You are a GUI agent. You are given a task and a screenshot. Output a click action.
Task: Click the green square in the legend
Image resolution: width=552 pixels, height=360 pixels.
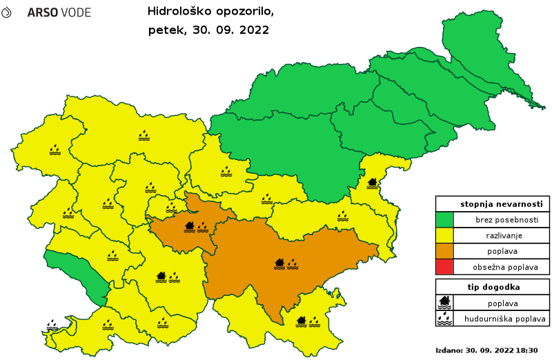coord(444,220)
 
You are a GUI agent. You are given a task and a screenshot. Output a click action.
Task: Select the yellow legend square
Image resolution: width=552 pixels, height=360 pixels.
coord(444,235)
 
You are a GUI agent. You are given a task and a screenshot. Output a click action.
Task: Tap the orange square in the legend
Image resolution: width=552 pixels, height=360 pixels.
coord(444,251)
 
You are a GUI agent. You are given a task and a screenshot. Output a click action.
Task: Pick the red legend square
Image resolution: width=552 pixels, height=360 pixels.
coord(444,266)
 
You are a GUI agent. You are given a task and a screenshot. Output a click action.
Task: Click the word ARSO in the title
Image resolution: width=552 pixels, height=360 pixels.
coord(42,13)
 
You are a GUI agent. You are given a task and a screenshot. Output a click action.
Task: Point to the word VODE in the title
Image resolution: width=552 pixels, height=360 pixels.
coord(75,13)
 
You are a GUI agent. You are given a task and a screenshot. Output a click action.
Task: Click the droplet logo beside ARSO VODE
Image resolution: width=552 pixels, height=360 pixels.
coord(6,13)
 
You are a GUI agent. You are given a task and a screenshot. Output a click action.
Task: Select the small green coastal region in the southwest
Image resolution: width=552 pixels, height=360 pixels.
coord(76,273)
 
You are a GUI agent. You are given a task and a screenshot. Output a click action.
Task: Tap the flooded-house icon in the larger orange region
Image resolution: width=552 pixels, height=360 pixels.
coord(279,263)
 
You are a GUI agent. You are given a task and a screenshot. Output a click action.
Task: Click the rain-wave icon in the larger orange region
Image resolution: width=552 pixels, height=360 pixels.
coord(293,263)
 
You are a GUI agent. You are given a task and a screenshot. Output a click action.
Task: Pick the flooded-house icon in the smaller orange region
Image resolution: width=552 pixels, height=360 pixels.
coord(190,226)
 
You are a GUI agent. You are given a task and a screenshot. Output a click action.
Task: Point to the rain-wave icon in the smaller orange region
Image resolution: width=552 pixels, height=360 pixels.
coord(202,226)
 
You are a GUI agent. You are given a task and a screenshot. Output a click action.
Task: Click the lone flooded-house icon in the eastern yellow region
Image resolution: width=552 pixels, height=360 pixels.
coord(373,183)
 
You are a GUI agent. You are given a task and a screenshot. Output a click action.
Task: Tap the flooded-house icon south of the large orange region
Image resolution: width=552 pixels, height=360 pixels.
coord(302,321)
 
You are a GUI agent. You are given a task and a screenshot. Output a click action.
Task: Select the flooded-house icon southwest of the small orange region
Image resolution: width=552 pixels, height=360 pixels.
coord(161,277)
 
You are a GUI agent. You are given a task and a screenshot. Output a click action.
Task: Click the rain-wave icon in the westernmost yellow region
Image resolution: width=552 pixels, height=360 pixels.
coord(55,149)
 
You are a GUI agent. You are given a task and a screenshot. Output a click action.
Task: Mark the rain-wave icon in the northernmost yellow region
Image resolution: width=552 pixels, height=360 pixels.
coord(144,135)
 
